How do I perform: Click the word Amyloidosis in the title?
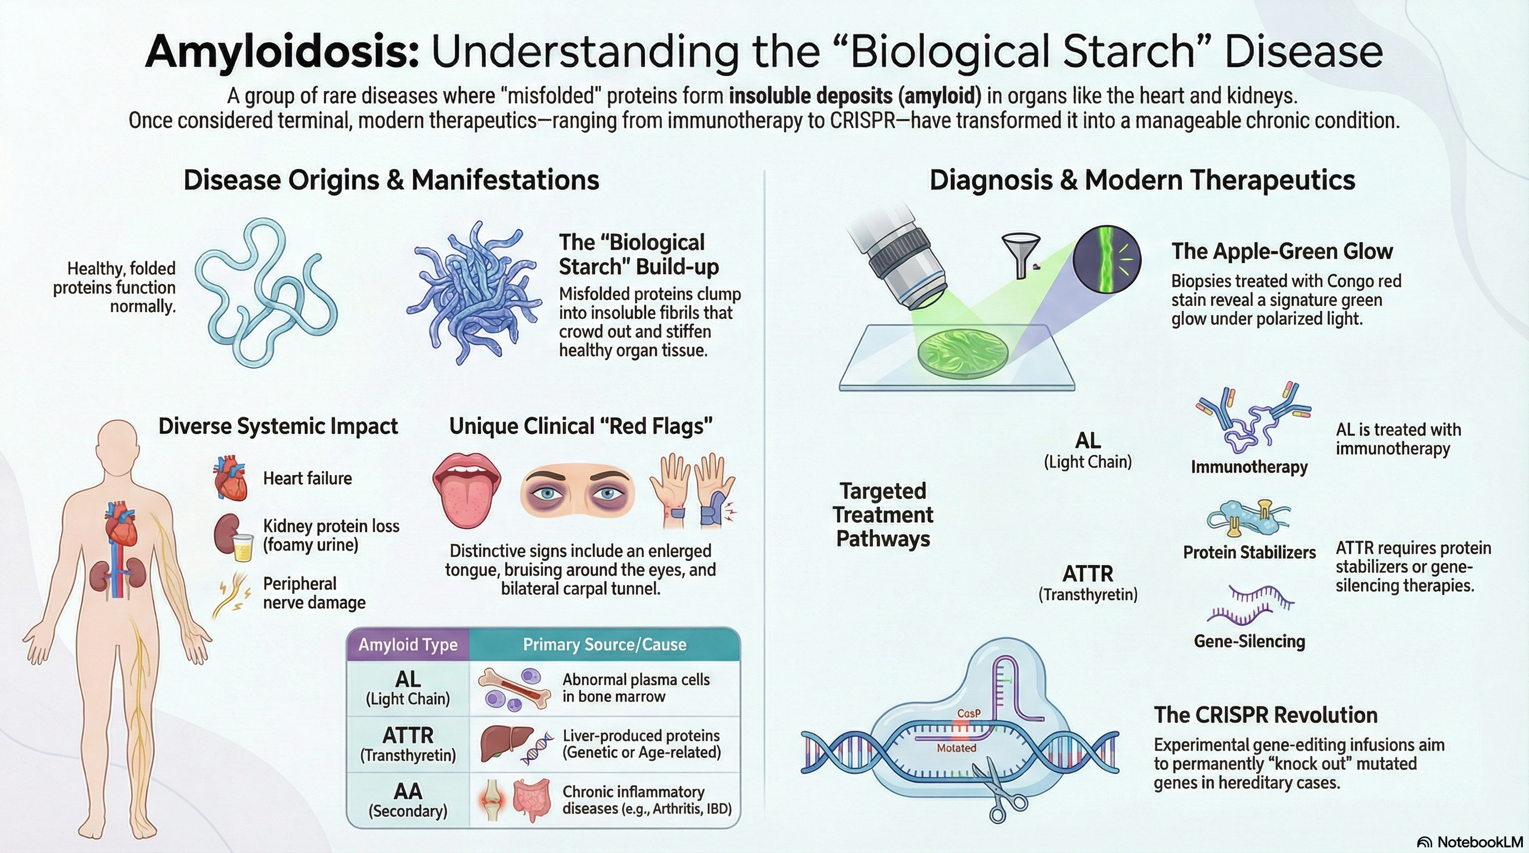pyautogui.click(x=282, y=52)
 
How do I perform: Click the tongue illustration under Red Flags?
pyautogui.click(x=467, y=489)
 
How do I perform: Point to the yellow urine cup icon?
pyautogui.click(x=243, y=547)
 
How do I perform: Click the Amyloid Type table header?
pyautogui.click(x=408, y=645)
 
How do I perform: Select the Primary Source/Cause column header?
pyautogui.click(x=604, y=645)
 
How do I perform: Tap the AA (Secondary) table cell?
pyautogui.click(x=408, y=800)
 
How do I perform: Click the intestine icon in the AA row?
pyautogui.click(x=532, y=800)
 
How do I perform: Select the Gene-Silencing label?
pyautogui.click(x=1249, y=641)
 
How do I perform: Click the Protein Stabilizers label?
pyautogui.click(x=1249, y=552)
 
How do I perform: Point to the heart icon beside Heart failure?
pyautogui.click(x=231, y=478)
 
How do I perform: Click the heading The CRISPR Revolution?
pyautogui.click(x=1266, y=715)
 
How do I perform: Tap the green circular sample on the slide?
pyautogui.click(x=963, y=354)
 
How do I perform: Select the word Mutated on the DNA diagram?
pyautogui.click(x=956, y=748)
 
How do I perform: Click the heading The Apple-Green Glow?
pyautogui.click(x=1282, y=251)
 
